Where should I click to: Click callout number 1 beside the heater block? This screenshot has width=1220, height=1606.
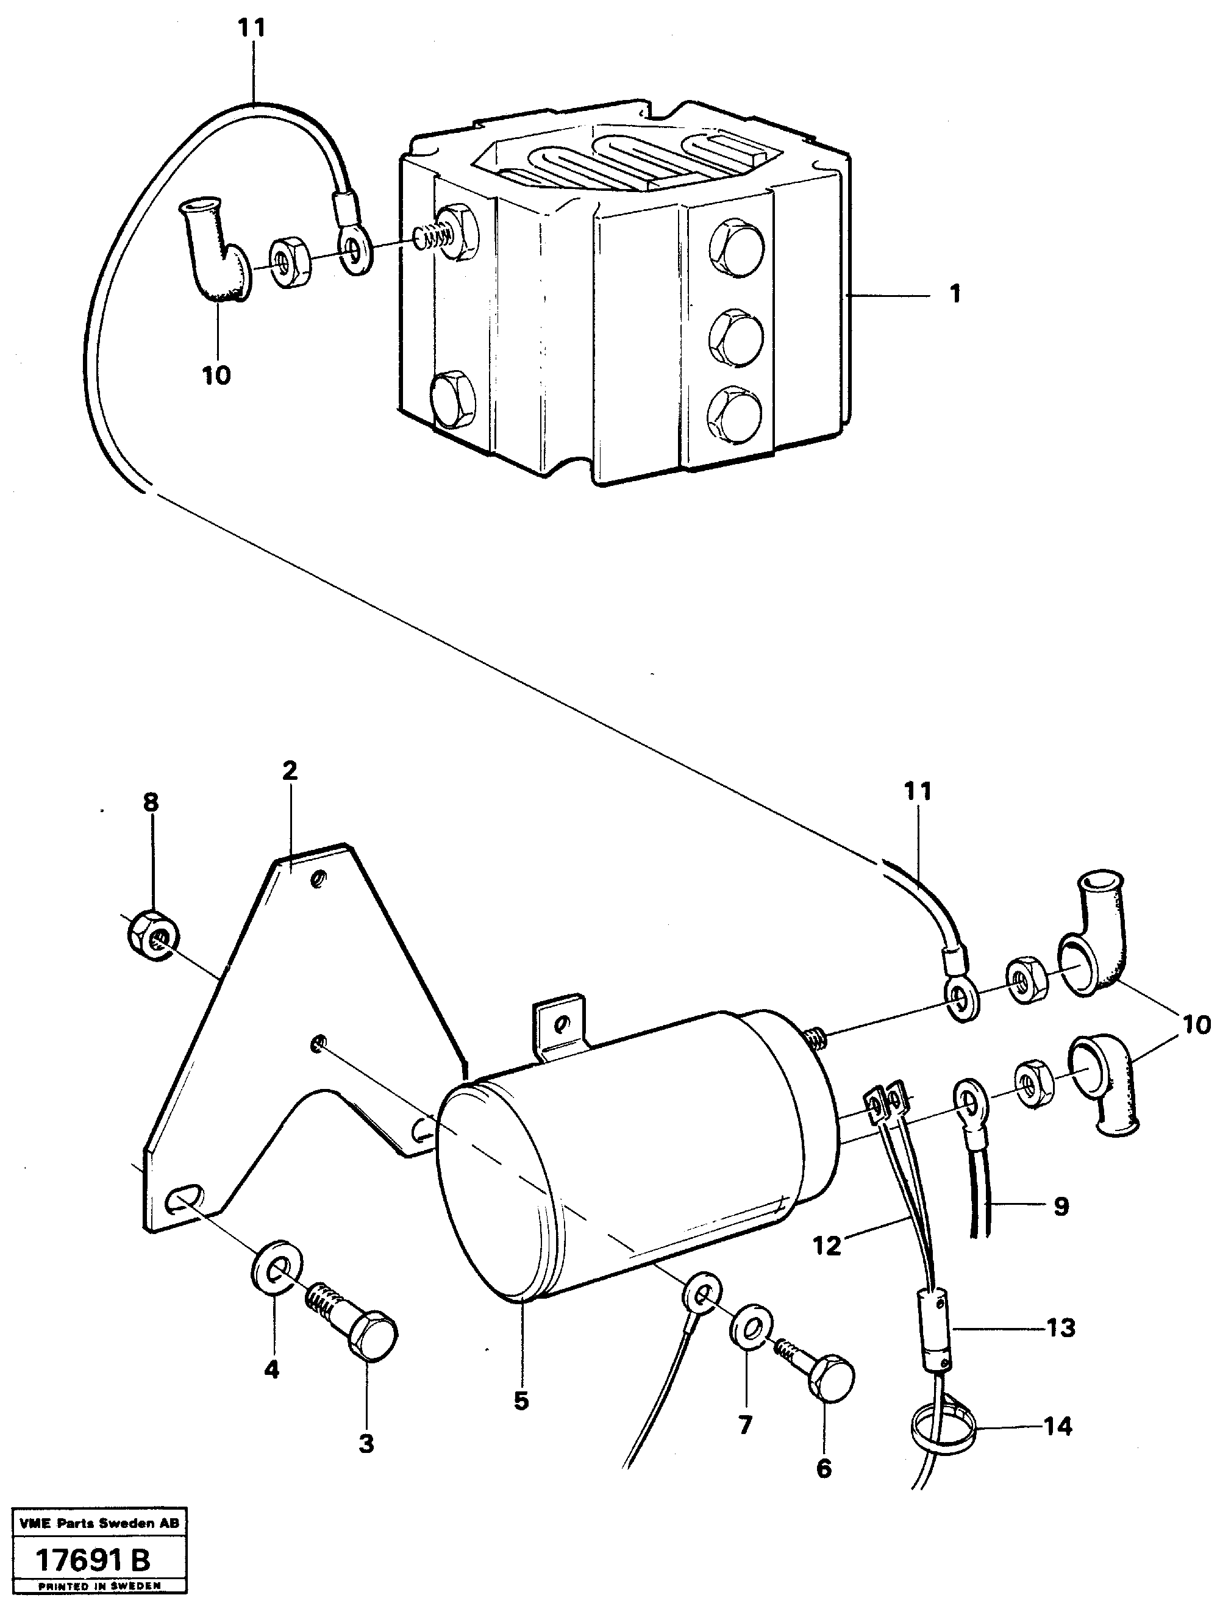tap(955, 294)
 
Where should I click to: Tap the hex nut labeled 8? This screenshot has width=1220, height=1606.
tap(153, 941)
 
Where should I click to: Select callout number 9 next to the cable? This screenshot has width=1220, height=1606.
tap(1060, 1207)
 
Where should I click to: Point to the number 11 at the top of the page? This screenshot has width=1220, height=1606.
tap(252, 29)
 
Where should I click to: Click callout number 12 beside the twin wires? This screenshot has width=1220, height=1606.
tap(827, 1245)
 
